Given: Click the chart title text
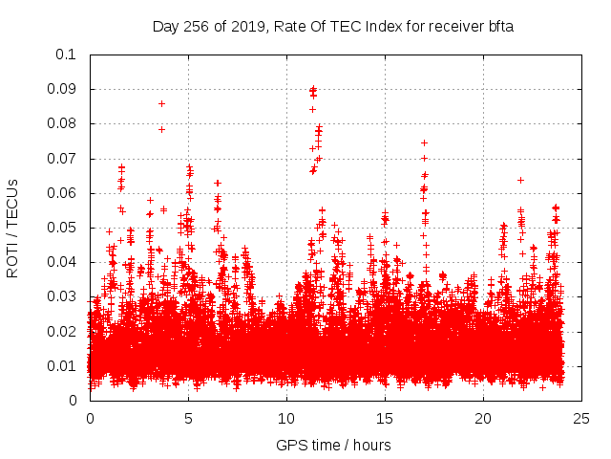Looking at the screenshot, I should pos(333,27).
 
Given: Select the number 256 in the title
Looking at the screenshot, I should pos(198,27).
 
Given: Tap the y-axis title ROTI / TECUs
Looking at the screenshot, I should pos(12,228).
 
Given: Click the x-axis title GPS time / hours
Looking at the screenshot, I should pos(333,445).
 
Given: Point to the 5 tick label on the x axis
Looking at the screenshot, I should pos(188,419).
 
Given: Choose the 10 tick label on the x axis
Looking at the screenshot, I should pos(286,419).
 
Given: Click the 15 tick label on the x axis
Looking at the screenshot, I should pos(385,419).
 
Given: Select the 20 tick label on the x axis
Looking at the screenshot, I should pos(483,419).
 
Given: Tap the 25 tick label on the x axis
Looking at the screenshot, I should pos(581,419).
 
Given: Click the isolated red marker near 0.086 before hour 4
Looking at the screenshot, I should pos(161,103).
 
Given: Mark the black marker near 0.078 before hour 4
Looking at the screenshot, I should pos(161,129).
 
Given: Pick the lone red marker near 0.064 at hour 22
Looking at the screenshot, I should pos(520,180).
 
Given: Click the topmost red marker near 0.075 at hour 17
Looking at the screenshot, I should pos(424,142).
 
